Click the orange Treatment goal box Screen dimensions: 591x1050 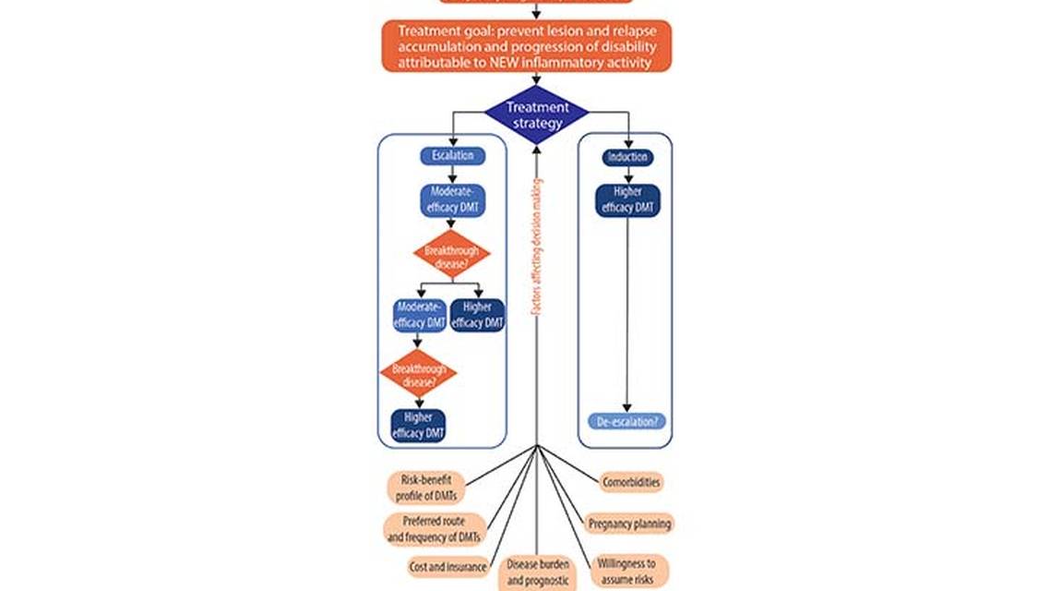[526, 46]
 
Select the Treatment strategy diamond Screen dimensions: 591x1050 [536, 115]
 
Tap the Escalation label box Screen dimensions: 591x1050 [452, 156]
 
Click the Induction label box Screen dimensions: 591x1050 [627, 157]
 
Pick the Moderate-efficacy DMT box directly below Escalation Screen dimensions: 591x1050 [452, 200]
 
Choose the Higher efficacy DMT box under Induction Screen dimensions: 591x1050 [627, 200]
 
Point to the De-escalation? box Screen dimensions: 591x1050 [627, 422]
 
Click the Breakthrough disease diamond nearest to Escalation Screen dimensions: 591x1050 [452, 254]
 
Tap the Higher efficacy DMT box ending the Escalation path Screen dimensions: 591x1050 [418, 426]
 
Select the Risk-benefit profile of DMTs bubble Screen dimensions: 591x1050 [425, 487]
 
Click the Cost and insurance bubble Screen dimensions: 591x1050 [447, 567]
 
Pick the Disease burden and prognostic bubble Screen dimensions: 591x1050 [538, 573]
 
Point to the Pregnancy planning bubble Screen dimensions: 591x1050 [629, 524]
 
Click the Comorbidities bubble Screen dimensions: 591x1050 [631, 482]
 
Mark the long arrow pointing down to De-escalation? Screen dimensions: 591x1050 [627, 314]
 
